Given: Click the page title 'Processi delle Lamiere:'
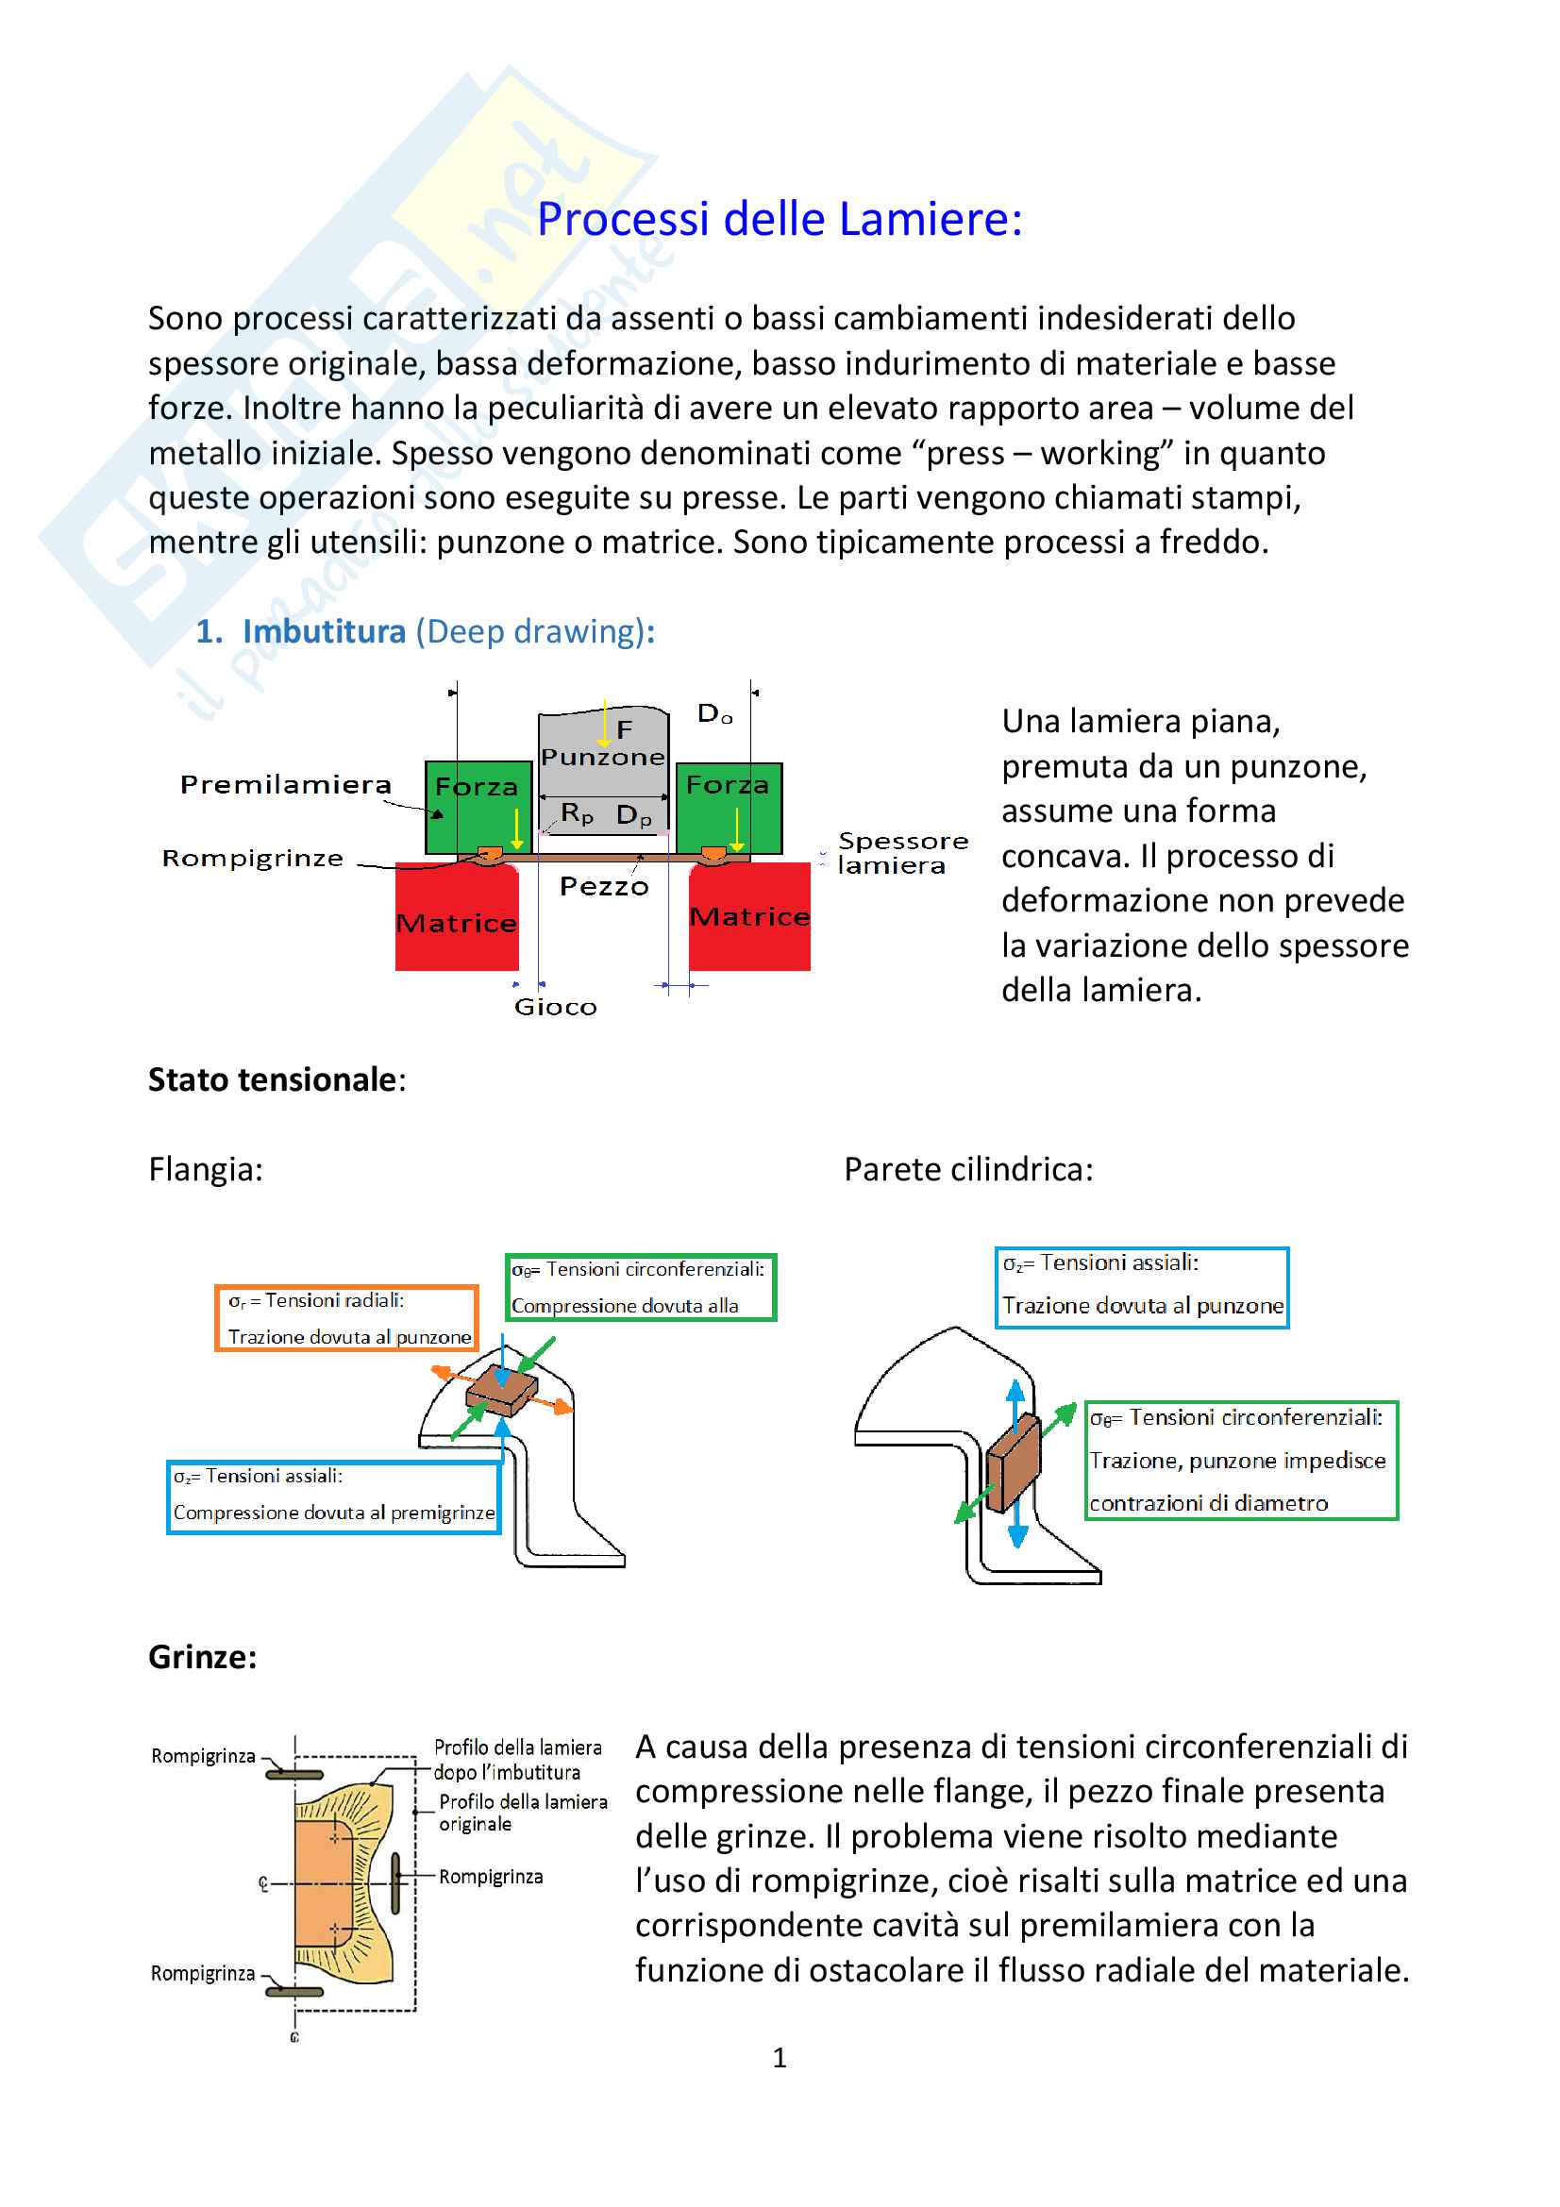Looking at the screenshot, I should pyautogui.click(x=779, y=219).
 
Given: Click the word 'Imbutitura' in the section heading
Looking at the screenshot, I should pyautogui.click(x=324, y=631).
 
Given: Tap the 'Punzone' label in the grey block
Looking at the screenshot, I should pyautogui.click(x=603, y=758).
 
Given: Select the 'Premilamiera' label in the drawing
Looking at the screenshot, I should pyautogui.click(x=285, y=785).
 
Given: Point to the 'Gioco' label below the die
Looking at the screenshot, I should pyautogui.click(x=555, y=1008).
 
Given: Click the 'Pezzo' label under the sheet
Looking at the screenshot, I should pyautogui.click(x=604, y=886).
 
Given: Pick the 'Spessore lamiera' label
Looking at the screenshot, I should pyautogui.click(x=901, y=854).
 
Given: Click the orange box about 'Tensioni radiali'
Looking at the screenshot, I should pyautogui.click(x=347, y=1319).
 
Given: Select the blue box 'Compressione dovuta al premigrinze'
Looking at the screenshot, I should pyautogui.click(x=333, y=1496).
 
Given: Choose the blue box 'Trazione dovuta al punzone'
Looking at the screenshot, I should pyautogui.click(x=1141, y=1287).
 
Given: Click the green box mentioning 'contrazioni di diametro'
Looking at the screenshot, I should pyautogui.click(x=1240, y=1460).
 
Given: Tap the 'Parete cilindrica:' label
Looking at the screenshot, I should pyautogui.click(x=968, y=1170).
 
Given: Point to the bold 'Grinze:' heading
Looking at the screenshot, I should pyautogui.click(x=203, y=1657).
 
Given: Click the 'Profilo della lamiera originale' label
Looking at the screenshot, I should pyautogui.click(x=523, y=1813).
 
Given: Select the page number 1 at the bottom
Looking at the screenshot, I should pyautogui.click(x=780, y=2057).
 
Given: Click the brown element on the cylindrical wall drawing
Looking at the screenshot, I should pyautogui.click(x=1013, y=1464).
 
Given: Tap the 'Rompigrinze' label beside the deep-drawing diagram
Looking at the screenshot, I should pyautogui.click(x=252, y=859).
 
